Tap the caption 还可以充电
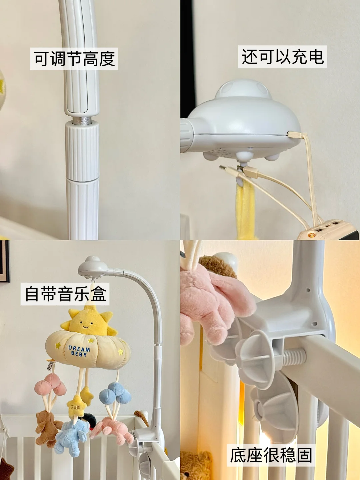[283, 56]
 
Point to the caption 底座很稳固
[271, 455]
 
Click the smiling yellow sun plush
[87, 322]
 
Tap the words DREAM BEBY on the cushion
[79, 351]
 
